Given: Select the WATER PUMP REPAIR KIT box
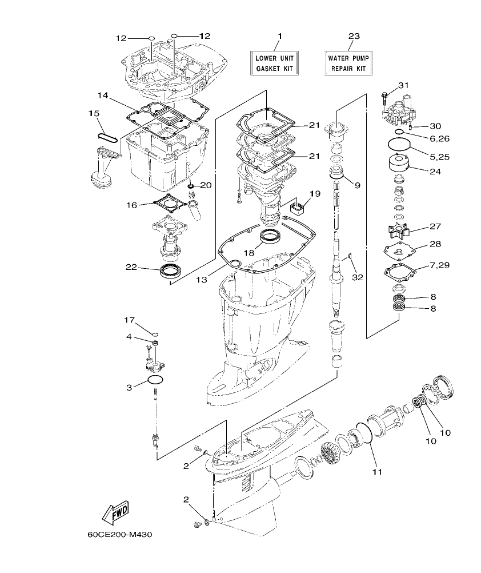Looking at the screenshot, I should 348,63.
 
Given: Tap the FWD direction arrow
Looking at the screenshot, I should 115,512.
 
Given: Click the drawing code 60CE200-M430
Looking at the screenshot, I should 120,536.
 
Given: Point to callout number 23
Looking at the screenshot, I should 354,36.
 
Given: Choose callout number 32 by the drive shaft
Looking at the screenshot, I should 358,277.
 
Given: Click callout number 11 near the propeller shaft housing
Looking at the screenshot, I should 378,472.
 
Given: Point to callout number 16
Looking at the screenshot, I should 131,204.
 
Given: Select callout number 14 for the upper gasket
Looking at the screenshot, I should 102,95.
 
